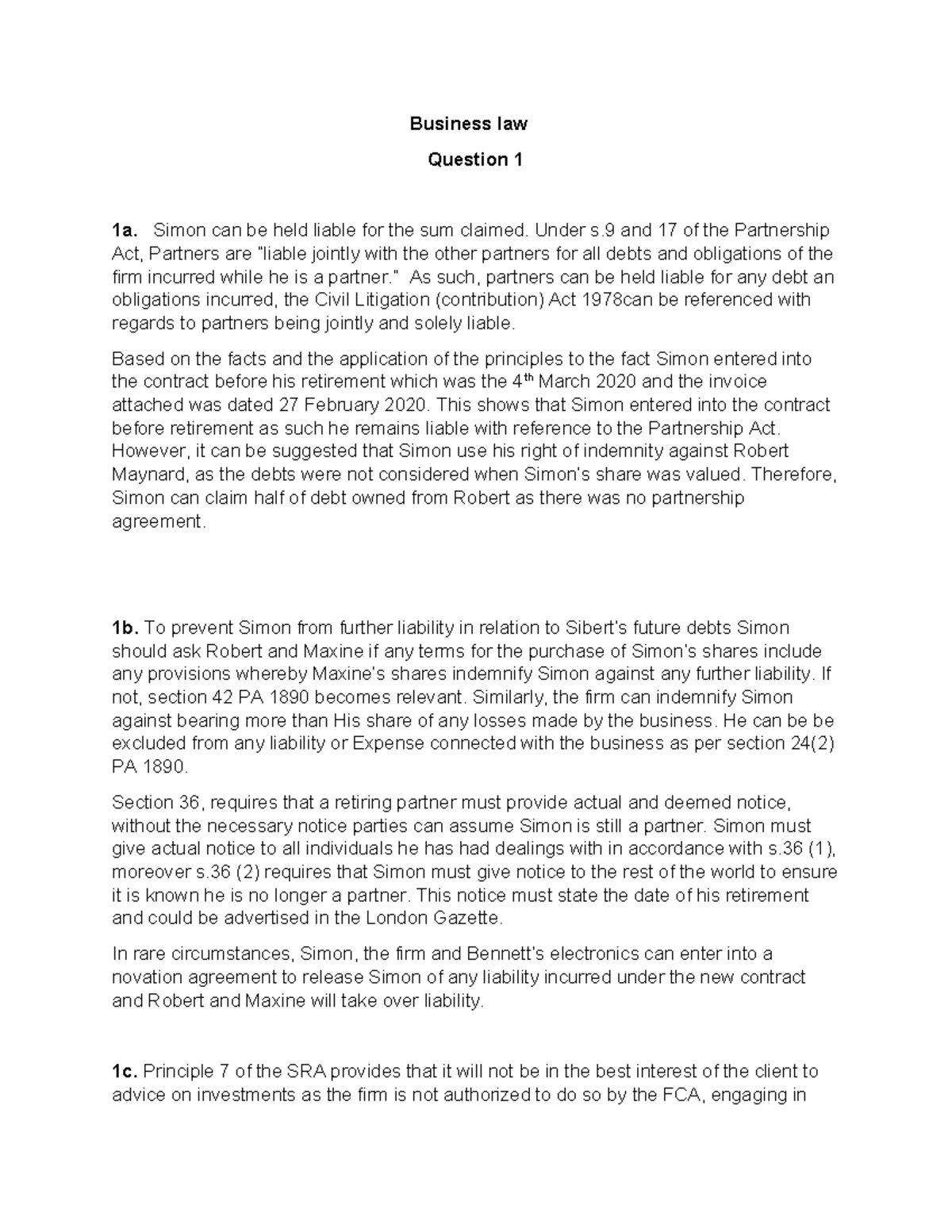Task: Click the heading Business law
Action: (x=468, y=124)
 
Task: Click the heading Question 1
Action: (x=474, y=159)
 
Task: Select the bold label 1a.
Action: (x=125, y=231)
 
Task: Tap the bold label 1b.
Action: (x=125, y=628)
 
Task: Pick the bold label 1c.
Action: (x=125, y=1072)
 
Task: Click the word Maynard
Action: (x=148, y=474)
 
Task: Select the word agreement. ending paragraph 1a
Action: (x=159, y=521)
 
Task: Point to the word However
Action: (x=148, y=451)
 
